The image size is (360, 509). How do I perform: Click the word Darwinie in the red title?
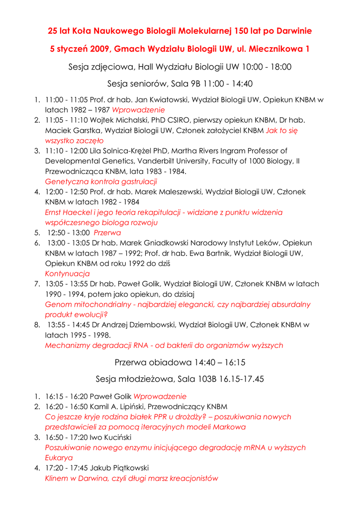tap(292, 31)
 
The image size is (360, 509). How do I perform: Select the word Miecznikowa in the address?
tap(276, 49)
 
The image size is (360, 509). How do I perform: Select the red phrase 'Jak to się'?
tap(282, 130)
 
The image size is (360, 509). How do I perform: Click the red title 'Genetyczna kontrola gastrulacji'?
tap(101, 181)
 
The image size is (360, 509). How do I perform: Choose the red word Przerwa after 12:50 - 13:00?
tap(107, 233)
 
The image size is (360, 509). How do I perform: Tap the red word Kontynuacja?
tap(67, 273)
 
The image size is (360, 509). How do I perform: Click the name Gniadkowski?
tap(153, 243)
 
